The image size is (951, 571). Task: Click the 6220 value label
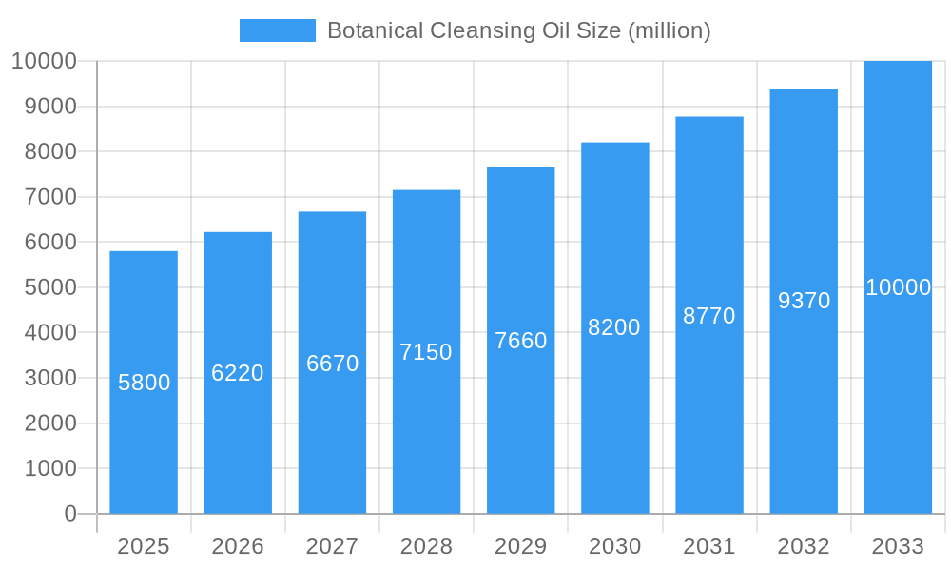coord(238,373)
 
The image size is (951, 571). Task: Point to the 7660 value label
coord(521,341)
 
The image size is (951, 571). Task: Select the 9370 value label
coord(805,301)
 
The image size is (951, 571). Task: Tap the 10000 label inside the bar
coord(898,287)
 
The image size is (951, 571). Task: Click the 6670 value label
coord(332,363)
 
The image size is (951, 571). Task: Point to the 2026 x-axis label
coord(238,546)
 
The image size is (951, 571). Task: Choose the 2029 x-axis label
coord(521,546)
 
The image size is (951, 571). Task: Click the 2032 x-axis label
coord(804,546)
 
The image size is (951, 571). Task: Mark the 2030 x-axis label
coord(615,546)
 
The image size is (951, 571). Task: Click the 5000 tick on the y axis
coord(44,287)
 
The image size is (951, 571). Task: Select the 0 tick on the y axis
coord(70,514)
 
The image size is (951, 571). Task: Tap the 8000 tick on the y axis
coord(44,151)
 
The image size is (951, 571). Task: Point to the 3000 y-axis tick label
coord(44,378)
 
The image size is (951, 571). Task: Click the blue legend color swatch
coord(277,30)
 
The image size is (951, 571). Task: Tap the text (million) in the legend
coord(669,30)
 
